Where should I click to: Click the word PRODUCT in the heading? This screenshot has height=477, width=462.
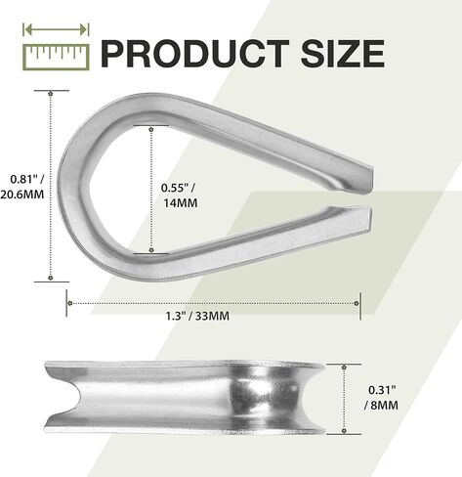pos(195,54)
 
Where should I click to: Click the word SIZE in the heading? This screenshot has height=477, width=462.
pos(343,54)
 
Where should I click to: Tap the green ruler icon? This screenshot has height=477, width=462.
pos(56,57)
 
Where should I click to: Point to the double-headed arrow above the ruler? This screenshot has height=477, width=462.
pos(56,30)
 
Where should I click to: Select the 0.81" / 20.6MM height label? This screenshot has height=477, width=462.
pos(22,187)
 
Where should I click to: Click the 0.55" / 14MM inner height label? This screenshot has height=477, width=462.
pos(179,195)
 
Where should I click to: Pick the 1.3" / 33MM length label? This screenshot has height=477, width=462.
pos(197,316)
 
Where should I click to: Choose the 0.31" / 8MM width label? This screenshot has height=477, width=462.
pos(381,398)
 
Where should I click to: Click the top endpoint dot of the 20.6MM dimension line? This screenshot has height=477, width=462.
pos(50,94)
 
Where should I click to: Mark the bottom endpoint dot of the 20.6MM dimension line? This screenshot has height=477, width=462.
pos(50,278)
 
